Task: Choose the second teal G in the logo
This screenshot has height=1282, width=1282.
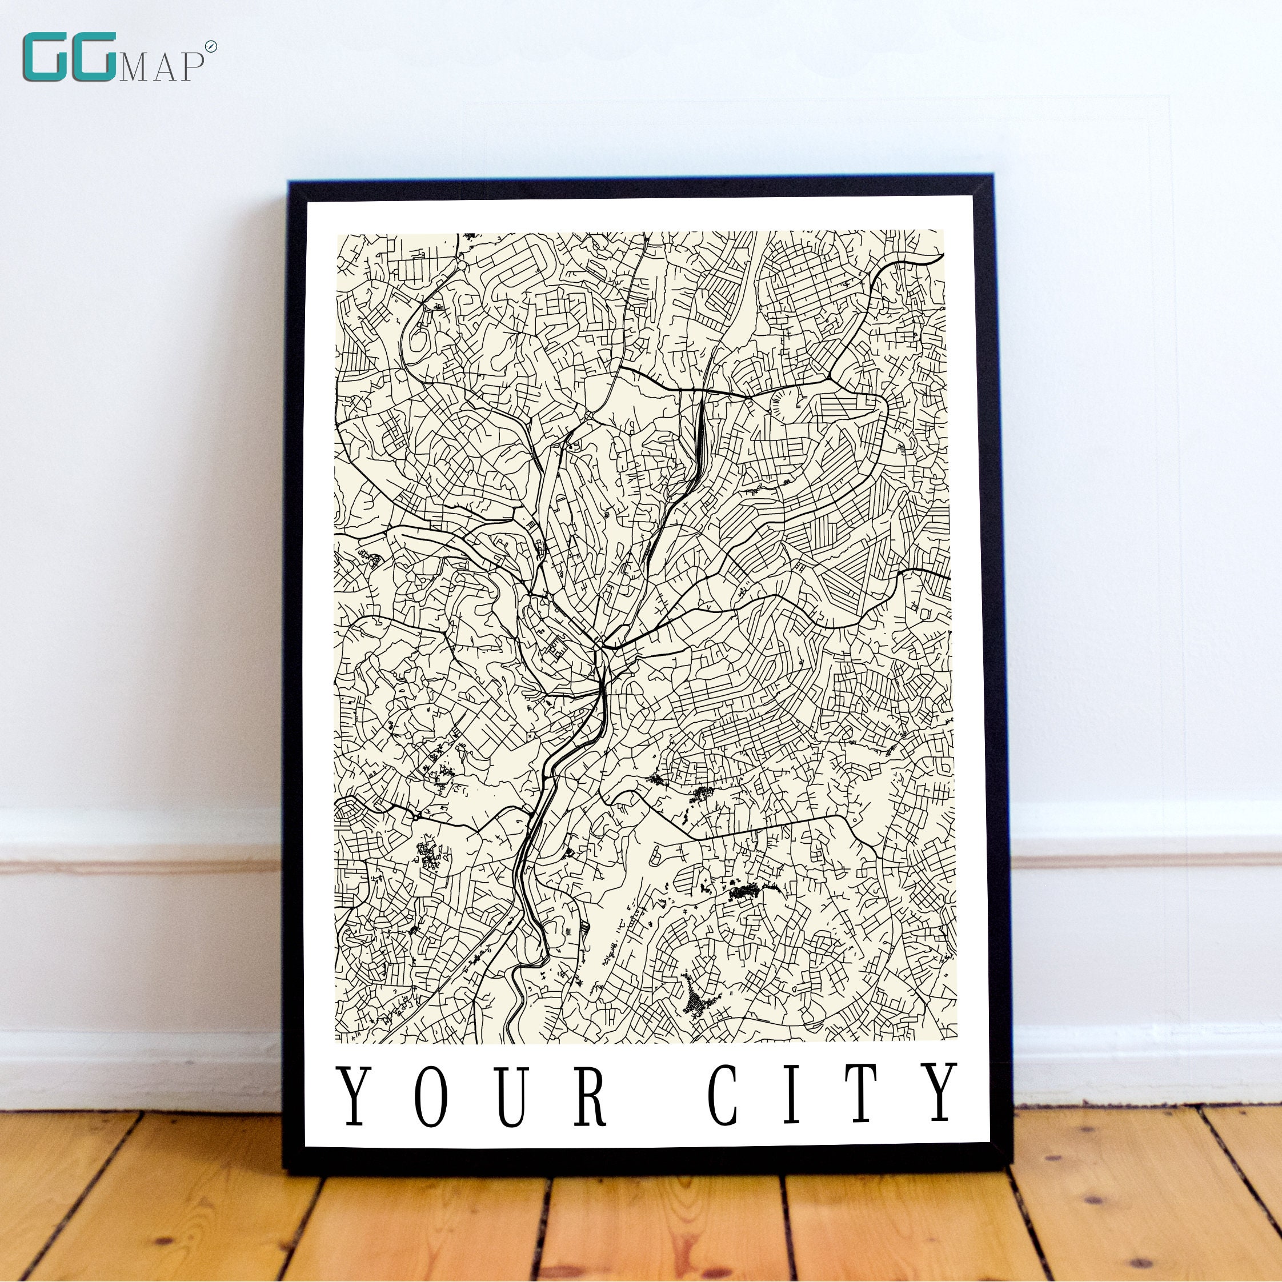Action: click(x=96, y=58)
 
